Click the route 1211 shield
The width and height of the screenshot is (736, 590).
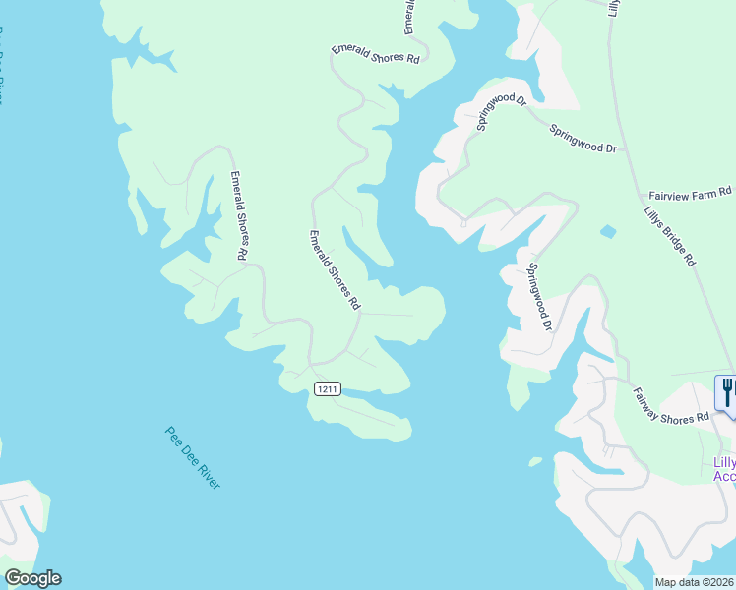coord(328,389)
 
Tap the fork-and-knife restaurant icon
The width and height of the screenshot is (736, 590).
coord(727,392)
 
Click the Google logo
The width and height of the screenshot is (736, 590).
coord(32,578)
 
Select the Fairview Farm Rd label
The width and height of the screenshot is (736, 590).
coord(691,192)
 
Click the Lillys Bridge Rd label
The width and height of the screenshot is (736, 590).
coord(670,237)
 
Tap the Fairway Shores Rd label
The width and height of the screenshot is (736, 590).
coord(670,405)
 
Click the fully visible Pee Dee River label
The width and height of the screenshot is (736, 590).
coord(193,457)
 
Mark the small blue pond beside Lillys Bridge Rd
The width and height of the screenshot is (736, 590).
coord(608,232)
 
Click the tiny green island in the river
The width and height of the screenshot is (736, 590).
coord(535,460)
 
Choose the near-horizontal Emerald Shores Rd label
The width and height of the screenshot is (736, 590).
coord(376,54)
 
